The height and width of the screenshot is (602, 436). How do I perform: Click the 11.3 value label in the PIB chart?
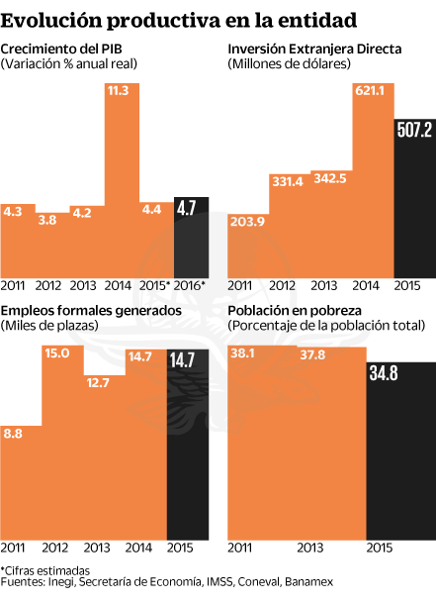(118, 91)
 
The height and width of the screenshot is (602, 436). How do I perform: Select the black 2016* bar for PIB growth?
(192, 238)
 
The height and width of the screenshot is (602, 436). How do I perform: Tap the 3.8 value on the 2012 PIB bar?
(47, 220)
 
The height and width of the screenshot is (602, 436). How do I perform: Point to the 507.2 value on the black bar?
(414, 130)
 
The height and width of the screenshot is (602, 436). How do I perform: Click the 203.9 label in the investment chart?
(247, 222)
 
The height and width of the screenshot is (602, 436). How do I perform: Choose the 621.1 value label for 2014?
(370, 91)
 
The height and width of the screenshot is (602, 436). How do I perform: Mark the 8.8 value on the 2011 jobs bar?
(13, 434)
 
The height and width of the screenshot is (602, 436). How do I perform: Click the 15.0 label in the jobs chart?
(57, 352)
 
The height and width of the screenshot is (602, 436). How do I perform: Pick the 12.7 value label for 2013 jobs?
(98, 383)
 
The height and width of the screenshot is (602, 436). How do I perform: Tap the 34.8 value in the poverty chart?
(384, 373)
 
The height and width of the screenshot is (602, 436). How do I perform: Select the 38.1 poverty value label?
(242, 352)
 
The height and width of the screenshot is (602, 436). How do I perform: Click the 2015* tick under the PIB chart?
(154, 285)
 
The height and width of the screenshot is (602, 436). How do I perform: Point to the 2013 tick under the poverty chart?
(309, 548)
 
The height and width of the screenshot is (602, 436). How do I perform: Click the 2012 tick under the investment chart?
(282, 285)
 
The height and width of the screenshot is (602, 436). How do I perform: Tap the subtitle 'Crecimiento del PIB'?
(61, 50)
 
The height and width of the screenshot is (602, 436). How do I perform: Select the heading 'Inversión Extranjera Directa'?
(314, 50)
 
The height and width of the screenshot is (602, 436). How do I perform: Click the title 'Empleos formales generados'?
(91, 310)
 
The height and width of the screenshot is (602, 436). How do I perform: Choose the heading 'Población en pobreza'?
(295, 311)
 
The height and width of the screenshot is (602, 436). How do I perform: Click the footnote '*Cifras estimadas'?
(45, 570)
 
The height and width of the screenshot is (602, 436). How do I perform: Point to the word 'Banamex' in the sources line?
(308, 582)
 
